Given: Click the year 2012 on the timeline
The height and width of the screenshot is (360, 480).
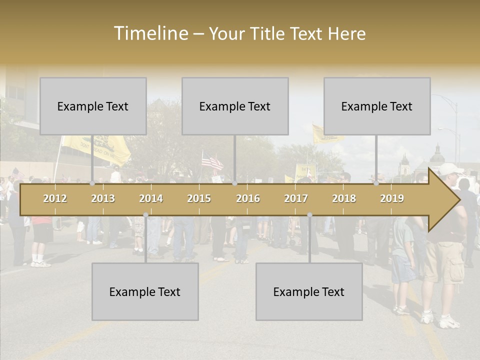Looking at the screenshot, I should tap(55, 198).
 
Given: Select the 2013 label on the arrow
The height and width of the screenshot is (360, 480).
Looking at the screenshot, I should tap(103, 198).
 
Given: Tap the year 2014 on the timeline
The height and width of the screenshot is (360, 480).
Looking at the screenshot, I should tap(151, 198).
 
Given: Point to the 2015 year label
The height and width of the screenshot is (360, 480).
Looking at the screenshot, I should tap(199, 198).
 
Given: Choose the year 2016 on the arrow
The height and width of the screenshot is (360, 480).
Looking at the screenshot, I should tap(248, 198).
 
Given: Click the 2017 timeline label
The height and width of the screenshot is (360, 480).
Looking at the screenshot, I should tap(296, 198).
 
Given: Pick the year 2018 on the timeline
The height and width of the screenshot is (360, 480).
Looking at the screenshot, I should tap(344, 198).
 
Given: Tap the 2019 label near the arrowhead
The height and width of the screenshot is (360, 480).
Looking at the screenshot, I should tap(392, 198).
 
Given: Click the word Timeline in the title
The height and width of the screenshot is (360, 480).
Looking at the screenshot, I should tap(150, 33).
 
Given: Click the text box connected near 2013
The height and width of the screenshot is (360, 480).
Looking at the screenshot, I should tap(93, 106).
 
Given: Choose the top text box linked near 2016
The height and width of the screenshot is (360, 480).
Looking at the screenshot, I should tap(235, 106).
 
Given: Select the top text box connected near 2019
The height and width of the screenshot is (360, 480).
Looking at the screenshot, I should tap(377, 106).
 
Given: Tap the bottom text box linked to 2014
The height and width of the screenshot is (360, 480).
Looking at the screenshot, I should tap(145, 291).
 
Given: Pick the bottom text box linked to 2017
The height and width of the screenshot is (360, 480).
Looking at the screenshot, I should tap(309, 291).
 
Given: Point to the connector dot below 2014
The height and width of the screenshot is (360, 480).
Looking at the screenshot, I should tap(145, 214).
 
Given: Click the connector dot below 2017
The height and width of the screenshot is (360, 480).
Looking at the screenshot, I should tap(309, 214).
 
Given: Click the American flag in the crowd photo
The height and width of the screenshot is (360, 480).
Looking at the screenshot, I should tap(212, 161).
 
